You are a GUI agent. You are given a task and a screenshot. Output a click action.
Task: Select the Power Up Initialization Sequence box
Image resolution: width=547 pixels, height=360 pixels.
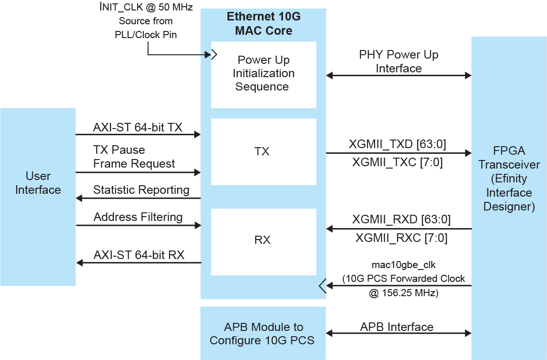pos(263,74)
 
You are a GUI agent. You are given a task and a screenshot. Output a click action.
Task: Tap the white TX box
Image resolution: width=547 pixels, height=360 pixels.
pos(263,151)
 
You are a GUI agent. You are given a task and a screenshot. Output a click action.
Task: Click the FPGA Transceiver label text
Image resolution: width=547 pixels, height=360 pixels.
pos(509,179)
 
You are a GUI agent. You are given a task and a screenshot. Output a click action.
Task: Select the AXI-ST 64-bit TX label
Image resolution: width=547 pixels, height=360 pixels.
pos(138,127)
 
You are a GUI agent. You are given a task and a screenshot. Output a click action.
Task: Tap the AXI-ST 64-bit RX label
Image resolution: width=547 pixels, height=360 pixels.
pos(139,255)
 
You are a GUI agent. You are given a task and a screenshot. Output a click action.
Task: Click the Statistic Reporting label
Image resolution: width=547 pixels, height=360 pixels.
pos(141,190)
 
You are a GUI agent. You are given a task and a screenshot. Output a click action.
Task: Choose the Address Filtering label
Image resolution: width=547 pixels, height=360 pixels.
pos(138,217)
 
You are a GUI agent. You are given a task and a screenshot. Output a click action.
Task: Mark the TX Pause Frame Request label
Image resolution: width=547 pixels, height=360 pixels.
pos(134,157)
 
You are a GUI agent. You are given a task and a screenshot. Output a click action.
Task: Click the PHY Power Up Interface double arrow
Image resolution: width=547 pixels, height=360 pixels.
pos(398,75)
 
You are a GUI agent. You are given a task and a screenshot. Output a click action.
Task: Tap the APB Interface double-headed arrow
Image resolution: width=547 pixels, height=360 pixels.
pos(398,333)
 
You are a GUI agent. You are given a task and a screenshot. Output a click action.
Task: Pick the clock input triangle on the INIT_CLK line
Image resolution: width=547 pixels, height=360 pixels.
pos(214,54)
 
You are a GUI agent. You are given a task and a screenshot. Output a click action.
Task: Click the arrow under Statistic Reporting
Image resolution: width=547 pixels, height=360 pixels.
pos(138,198)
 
